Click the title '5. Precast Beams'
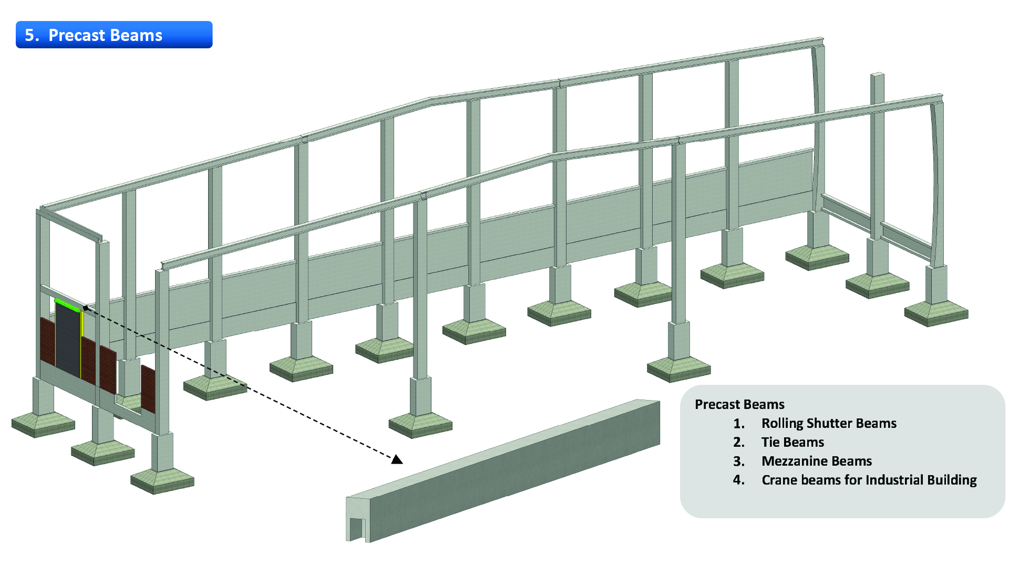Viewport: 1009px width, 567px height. pyautogui.click(x=94, y=35)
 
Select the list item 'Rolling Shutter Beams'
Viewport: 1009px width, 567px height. pyautogui.click(x=829, y=423)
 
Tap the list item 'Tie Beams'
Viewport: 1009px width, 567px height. pyautogui.click(x=792, y=442)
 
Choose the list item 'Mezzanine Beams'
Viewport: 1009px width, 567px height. pyautogui.click(x=817, y=461)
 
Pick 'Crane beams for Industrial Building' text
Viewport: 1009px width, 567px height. pyautogui.click(x=869, y=480)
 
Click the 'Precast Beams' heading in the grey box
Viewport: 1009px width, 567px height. pyautogui.click(x=739, y=404)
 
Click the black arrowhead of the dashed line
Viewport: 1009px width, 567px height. pyautogui.click(x=397, y=459)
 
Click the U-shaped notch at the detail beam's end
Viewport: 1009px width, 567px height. pyautogui.click(x=357, y=529)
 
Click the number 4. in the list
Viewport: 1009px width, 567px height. pyautogui.click(x=739, y=480)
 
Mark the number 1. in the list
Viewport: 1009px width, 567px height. pyautogui.click(x=739, y=423)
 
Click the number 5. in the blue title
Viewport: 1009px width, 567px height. pyautogui.click(x=32, y=35)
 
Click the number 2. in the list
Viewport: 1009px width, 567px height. pyautogui.click(x=739, y=442)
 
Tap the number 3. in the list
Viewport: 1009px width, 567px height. pyautogui.click(x=739, y=461)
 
